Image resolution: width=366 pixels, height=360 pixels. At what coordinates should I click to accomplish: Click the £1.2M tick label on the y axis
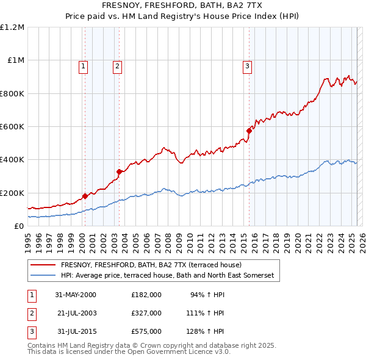[x=12, y=27]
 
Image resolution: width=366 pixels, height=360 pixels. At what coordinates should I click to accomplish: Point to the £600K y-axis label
[x=12, y=127]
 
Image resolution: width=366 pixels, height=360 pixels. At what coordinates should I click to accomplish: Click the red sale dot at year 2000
[x=85, y=196]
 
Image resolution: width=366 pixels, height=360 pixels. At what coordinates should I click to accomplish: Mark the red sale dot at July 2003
[x=120, y=171]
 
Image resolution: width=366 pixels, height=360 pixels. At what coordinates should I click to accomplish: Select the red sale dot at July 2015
[x=249, y=131]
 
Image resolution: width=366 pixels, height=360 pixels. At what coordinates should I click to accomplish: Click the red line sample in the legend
[x=44, y=265]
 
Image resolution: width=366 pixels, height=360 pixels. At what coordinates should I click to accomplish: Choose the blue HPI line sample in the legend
[x=44, y=275]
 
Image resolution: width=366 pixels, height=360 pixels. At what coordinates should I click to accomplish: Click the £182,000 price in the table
[x=146, y=294]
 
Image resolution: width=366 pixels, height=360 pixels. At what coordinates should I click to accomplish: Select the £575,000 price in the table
[x=146, y=331]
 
